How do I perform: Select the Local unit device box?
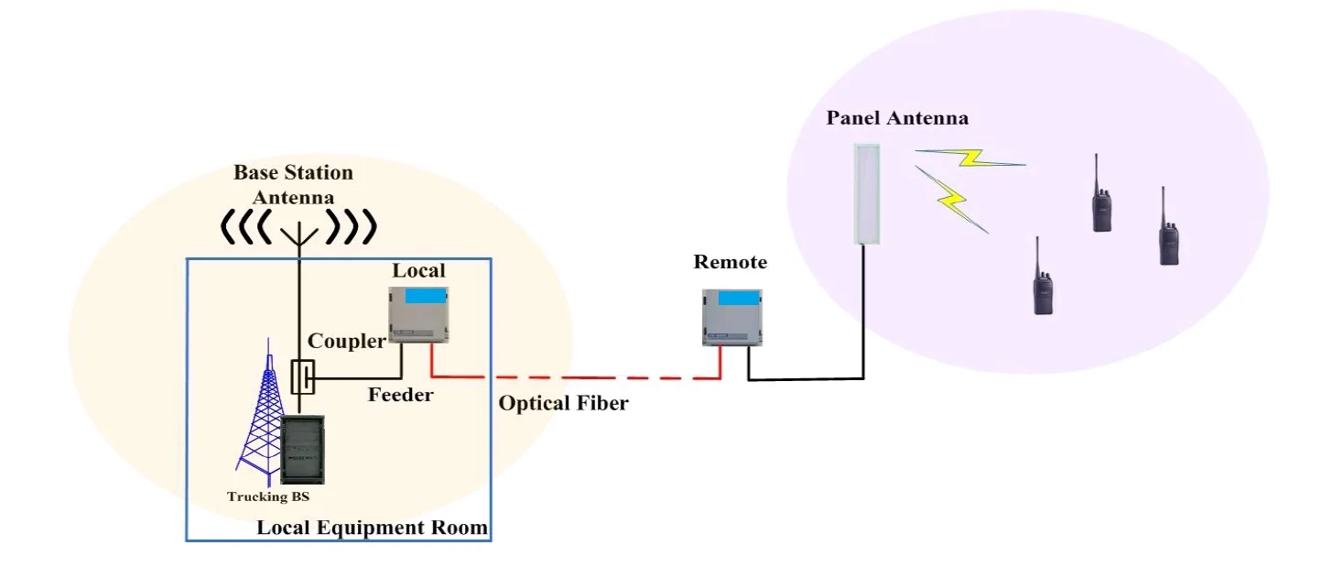click(x=420, y=314)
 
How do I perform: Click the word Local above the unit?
click(x=418, y=270)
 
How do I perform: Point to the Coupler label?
click(x=346, y=342)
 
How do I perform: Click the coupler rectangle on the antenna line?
click(x=302, y=376)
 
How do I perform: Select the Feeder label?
click(x=400, y=396)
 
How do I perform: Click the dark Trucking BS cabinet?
click(x=302, y=450)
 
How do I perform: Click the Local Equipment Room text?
click(x=372, y=529)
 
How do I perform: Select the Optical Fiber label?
click(x=563, y=403)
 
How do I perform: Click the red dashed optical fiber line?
click(x=595, y=376)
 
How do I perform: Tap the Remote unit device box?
click(x=732, y=317)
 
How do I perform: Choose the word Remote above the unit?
click(x=731, y=263)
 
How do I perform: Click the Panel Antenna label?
click(x=897, y=118)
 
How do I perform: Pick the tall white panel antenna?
click(x=866, y=193)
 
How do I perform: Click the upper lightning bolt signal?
click(x=970, y=158)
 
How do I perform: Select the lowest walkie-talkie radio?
click(x=1043, y=278)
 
